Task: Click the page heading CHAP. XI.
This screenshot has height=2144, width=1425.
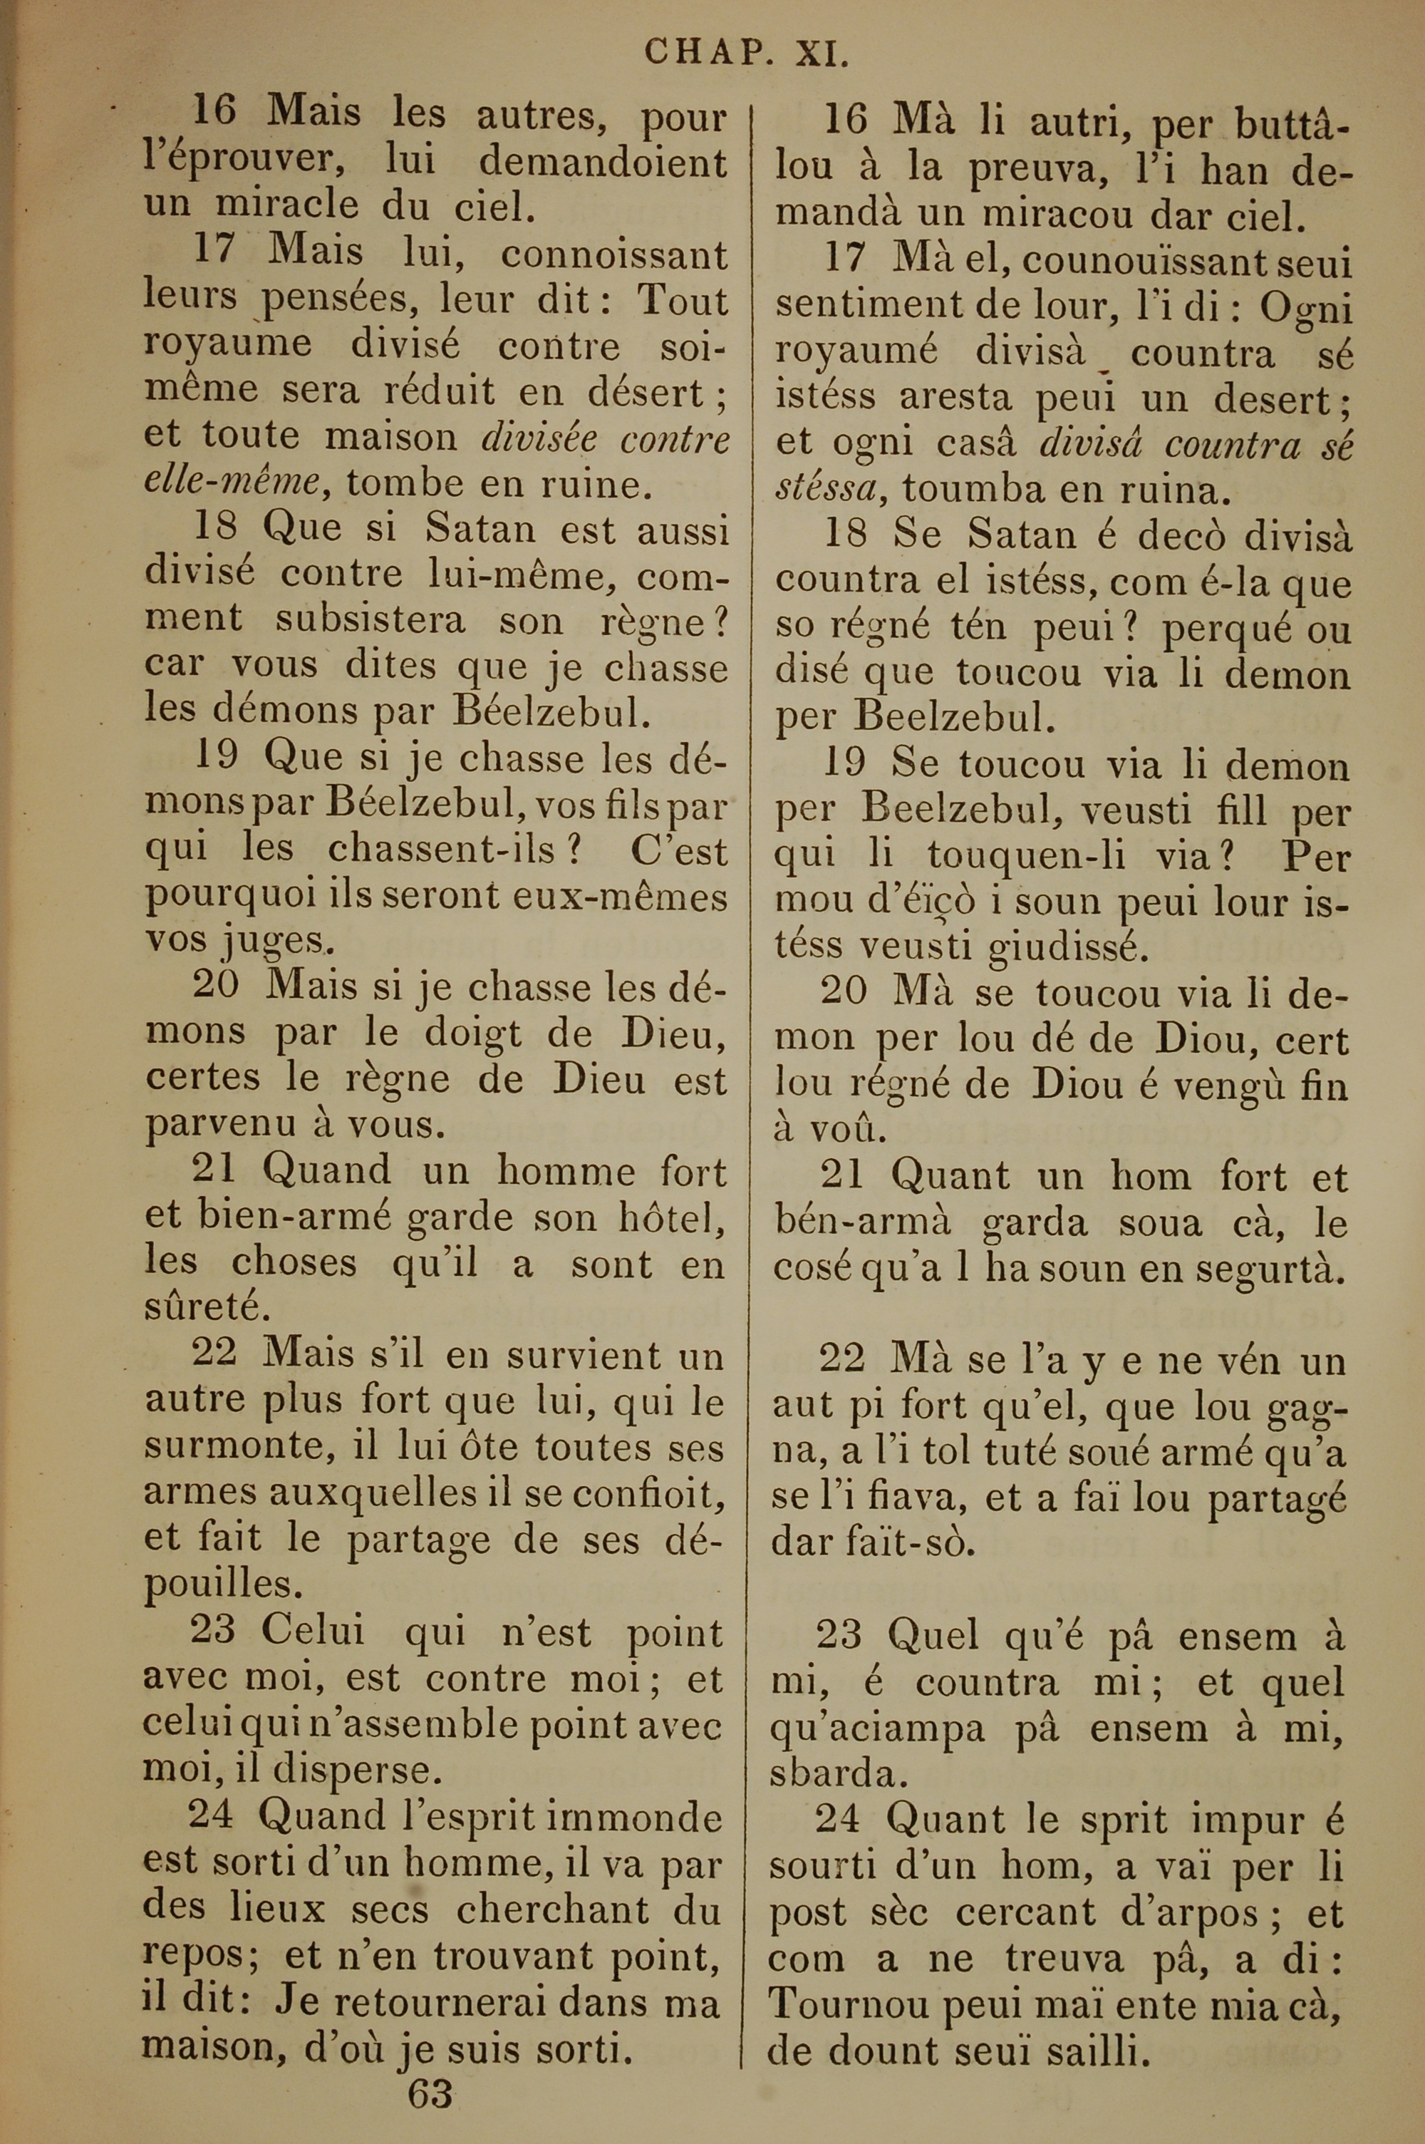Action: coord(747,53)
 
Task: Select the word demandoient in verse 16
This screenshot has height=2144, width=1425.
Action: coord(603,162)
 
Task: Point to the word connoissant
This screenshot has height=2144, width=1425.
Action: coord(614,254)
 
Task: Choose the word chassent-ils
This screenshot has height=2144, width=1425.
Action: coord(442,850)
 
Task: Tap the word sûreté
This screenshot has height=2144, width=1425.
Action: coord(195,1308)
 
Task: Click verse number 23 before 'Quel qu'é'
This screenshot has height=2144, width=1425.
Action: coord(839,1635)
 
